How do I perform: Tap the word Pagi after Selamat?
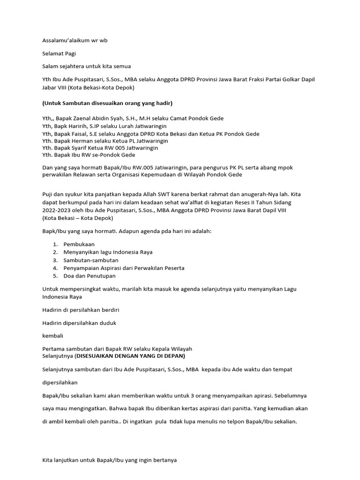[x=71, y=54]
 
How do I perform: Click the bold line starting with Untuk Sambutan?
[x=107, y=103]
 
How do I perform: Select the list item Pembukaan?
[x=79, y=245]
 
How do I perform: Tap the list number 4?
[x=55, y=268]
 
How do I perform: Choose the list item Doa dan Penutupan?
[x=90, y=276]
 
